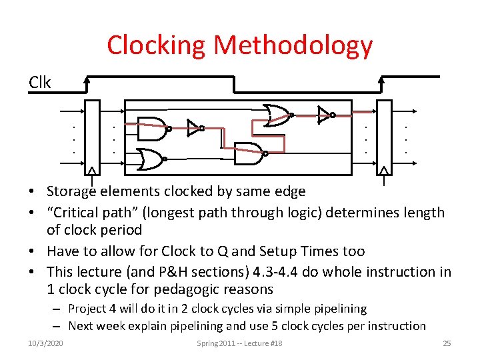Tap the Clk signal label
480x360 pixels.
[x=39, y=83]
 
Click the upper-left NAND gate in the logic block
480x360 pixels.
[x=152, y=129]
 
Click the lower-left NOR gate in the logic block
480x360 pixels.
[x=152, y=159]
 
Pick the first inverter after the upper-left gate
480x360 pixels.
[x=194, y=128]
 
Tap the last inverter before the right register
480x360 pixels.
[x=325, y=114]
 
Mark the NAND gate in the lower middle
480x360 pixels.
[x=251, y=153]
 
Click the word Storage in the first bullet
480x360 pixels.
[x=72, y=191]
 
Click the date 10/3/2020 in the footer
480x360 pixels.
[x=47, y=343]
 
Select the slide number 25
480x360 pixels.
[x=447, y=343]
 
